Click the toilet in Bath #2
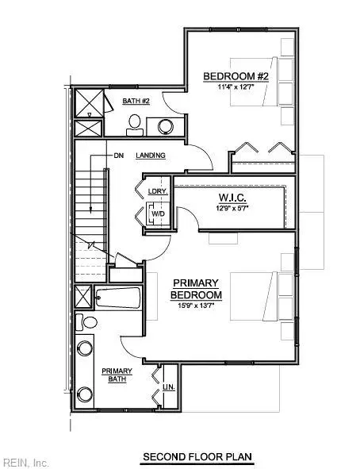(135, 123)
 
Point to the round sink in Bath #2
(166, 125)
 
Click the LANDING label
(151, 156)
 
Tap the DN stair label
(119, 156)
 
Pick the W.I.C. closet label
(232, 198)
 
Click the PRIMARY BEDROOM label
(196, 289)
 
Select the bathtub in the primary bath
(118, 299)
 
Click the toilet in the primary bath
(88, 322)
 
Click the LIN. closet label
(169, 387)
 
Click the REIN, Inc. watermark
(25, 462)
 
